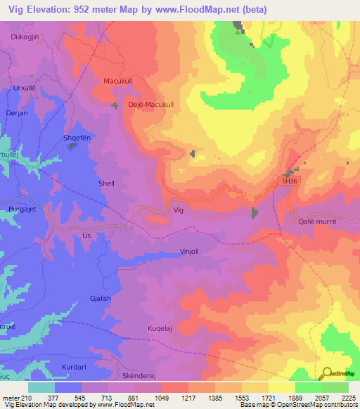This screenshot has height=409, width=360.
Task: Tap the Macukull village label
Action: [x=117, y=81]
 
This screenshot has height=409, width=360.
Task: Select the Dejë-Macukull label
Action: [x=151, y=104]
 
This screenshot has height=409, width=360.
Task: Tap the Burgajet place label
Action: [x=22, y=209]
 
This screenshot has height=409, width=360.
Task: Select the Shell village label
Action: [x=106, y=183]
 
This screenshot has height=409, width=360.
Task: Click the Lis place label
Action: [x=87, y=235]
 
